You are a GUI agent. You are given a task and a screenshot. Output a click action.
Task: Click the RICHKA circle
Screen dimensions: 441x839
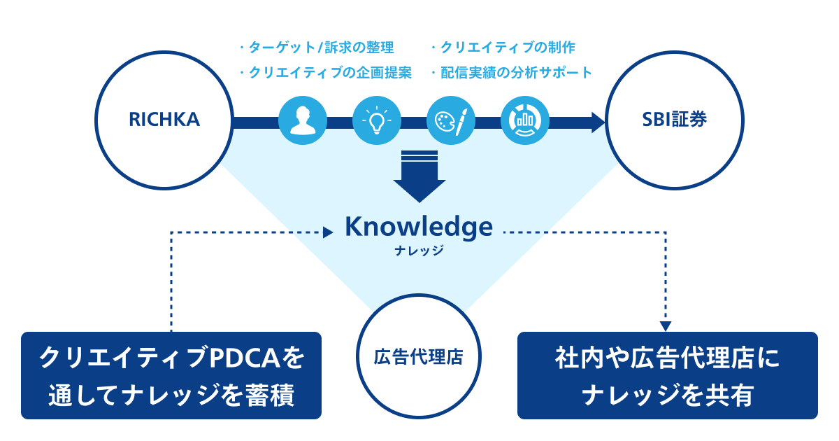click(164, 120)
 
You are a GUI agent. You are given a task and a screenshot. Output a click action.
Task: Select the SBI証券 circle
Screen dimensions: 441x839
click(674, 120)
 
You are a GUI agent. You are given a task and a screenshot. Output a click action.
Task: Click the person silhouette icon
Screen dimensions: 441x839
click(303, 121)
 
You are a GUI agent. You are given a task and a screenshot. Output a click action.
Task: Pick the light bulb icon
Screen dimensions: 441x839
click(377, 121)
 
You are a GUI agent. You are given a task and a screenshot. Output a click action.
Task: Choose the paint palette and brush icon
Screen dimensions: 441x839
click(451, 121)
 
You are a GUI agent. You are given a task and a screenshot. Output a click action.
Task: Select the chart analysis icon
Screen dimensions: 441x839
click(525, 121)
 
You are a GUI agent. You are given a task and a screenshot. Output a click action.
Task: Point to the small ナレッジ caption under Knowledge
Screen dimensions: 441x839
click(419, 250)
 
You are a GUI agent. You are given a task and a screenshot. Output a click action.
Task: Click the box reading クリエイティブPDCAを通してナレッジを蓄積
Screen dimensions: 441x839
click(171, 375)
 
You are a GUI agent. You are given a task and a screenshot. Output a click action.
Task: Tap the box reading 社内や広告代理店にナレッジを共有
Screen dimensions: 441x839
click(667, 375)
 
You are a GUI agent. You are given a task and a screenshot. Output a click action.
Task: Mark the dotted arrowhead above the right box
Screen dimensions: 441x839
click(666, 325)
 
